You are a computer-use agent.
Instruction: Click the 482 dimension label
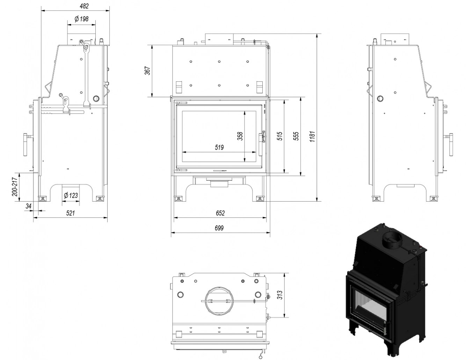coord(84,6)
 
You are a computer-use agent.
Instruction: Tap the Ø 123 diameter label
coord(71,195)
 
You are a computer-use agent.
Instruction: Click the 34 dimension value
coord(29,207)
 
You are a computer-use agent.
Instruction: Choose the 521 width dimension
coord(71,213)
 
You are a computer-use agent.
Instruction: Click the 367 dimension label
coord(147,71)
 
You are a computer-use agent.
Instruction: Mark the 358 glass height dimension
coord(240,136)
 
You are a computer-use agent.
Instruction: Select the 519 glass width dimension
coord(219,147)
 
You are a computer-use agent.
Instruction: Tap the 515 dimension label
coord(279,136)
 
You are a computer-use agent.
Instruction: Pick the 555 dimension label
coord(296,136)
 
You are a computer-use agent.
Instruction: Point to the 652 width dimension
coord(220,213)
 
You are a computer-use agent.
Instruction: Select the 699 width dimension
coord(219,228)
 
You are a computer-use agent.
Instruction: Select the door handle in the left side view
coord(25,145)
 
